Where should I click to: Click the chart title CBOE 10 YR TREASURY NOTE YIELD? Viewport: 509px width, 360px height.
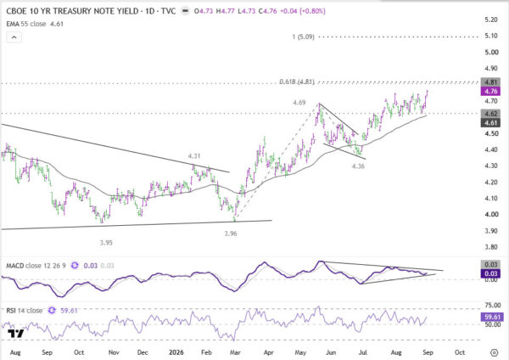click(72, 11)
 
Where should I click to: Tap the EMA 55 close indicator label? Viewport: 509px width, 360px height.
click(26, 24)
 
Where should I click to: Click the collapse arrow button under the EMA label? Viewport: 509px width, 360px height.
click(14, 37)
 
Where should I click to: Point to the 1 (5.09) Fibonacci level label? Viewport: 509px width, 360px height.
click(303, 37)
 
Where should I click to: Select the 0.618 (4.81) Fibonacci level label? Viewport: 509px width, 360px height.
click(297, 82)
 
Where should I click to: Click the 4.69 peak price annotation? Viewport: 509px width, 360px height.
click(299, 103)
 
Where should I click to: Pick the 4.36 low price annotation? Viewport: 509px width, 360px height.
click(358, 166)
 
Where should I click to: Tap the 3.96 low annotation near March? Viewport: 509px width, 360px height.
click(231, 233)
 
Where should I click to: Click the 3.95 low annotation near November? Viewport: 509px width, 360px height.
click(106, 243)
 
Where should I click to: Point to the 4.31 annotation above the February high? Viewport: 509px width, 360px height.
click(194, 156)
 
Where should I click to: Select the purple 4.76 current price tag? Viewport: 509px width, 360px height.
click(490, 92)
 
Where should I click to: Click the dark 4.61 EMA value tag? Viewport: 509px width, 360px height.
click(490, 123)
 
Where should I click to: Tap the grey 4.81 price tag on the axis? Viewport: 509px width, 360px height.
click(490, 82)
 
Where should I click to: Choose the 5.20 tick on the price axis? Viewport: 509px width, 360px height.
click(491, 20)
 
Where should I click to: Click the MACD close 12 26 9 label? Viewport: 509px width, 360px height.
click(36, 266)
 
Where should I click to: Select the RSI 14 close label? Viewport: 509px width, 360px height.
click(25, 311)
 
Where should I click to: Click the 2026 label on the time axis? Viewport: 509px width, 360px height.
click(176, 352)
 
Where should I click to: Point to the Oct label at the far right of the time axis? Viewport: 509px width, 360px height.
click(460, 352)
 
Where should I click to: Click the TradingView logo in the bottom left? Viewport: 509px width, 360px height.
click(15, 334)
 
